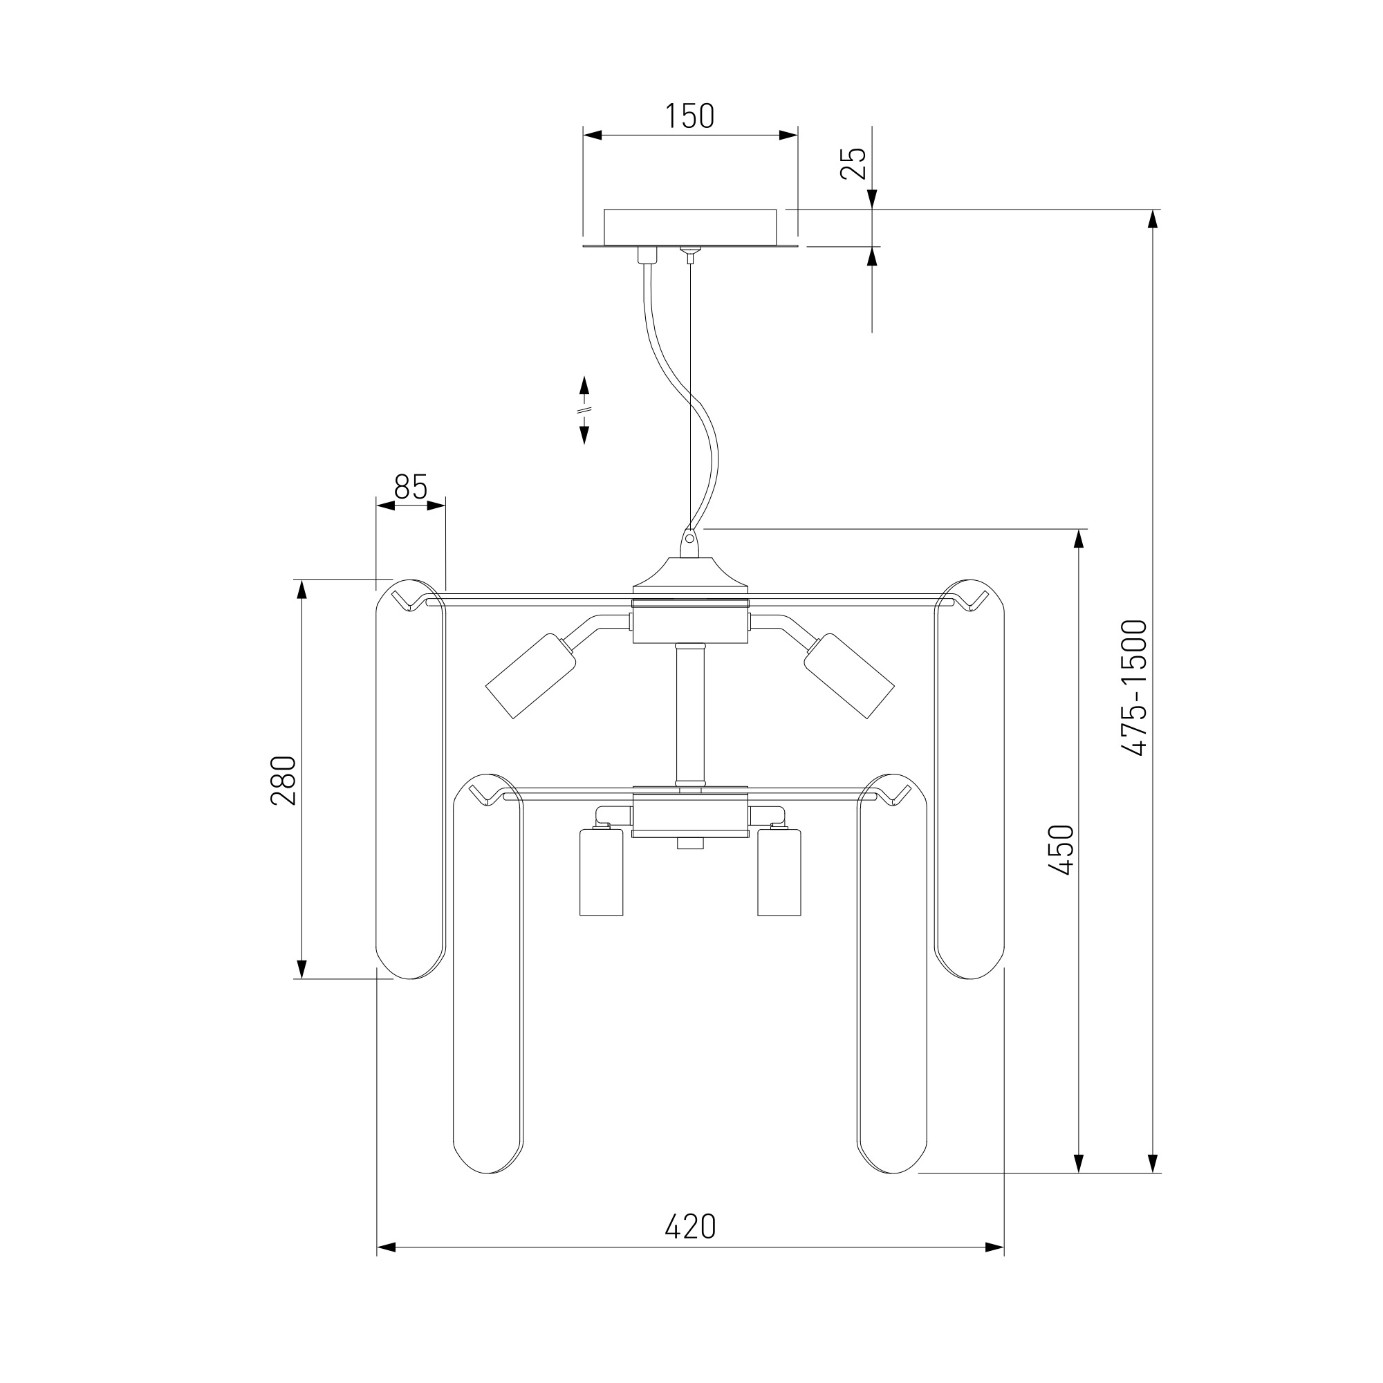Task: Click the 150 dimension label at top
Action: coord(690,116)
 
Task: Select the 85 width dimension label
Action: coord(411,488)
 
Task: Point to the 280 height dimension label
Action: coord(284,780)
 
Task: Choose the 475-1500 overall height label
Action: coord(1135,688)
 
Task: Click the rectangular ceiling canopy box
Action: coord(690,228)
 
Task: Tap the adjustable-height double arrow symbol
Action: coord(584,410)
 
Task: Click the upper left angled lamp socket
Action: coord(531,675)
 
